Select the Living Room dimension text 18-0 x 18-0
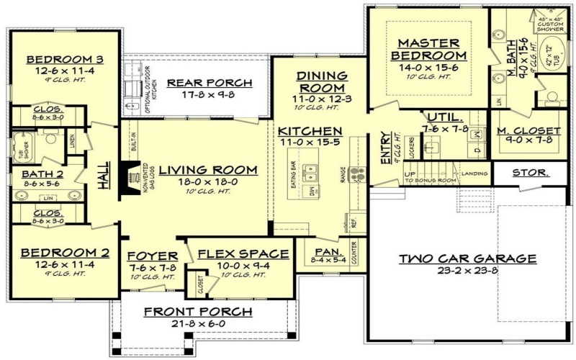(208, 183)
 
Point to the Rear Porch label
(210, 83)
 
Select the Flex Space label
(243, 254)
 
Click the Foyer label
(152, 256)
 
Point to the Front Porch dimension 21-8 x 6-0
(198, 325)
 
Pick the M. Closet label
(528, 130)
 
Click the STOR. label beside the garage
(531, 173)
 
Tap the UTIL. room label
(439, 117)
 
